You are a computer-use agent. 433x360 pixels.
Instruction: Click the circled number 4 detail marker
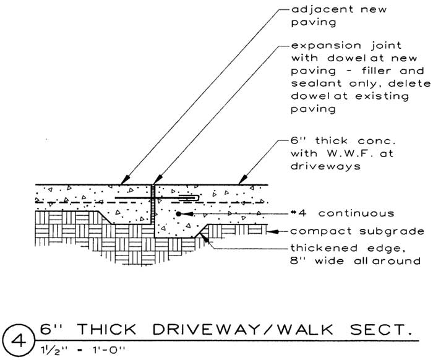(x=19, y=339)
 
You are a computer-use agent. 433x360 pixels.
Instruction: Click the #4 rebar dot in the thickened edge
(x=178, y=214)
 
